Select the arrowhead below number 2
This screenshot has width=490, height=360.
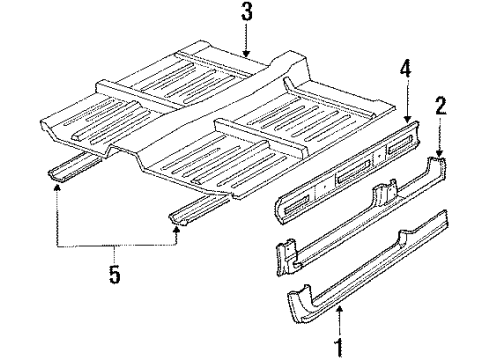(x=438, y=151)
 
